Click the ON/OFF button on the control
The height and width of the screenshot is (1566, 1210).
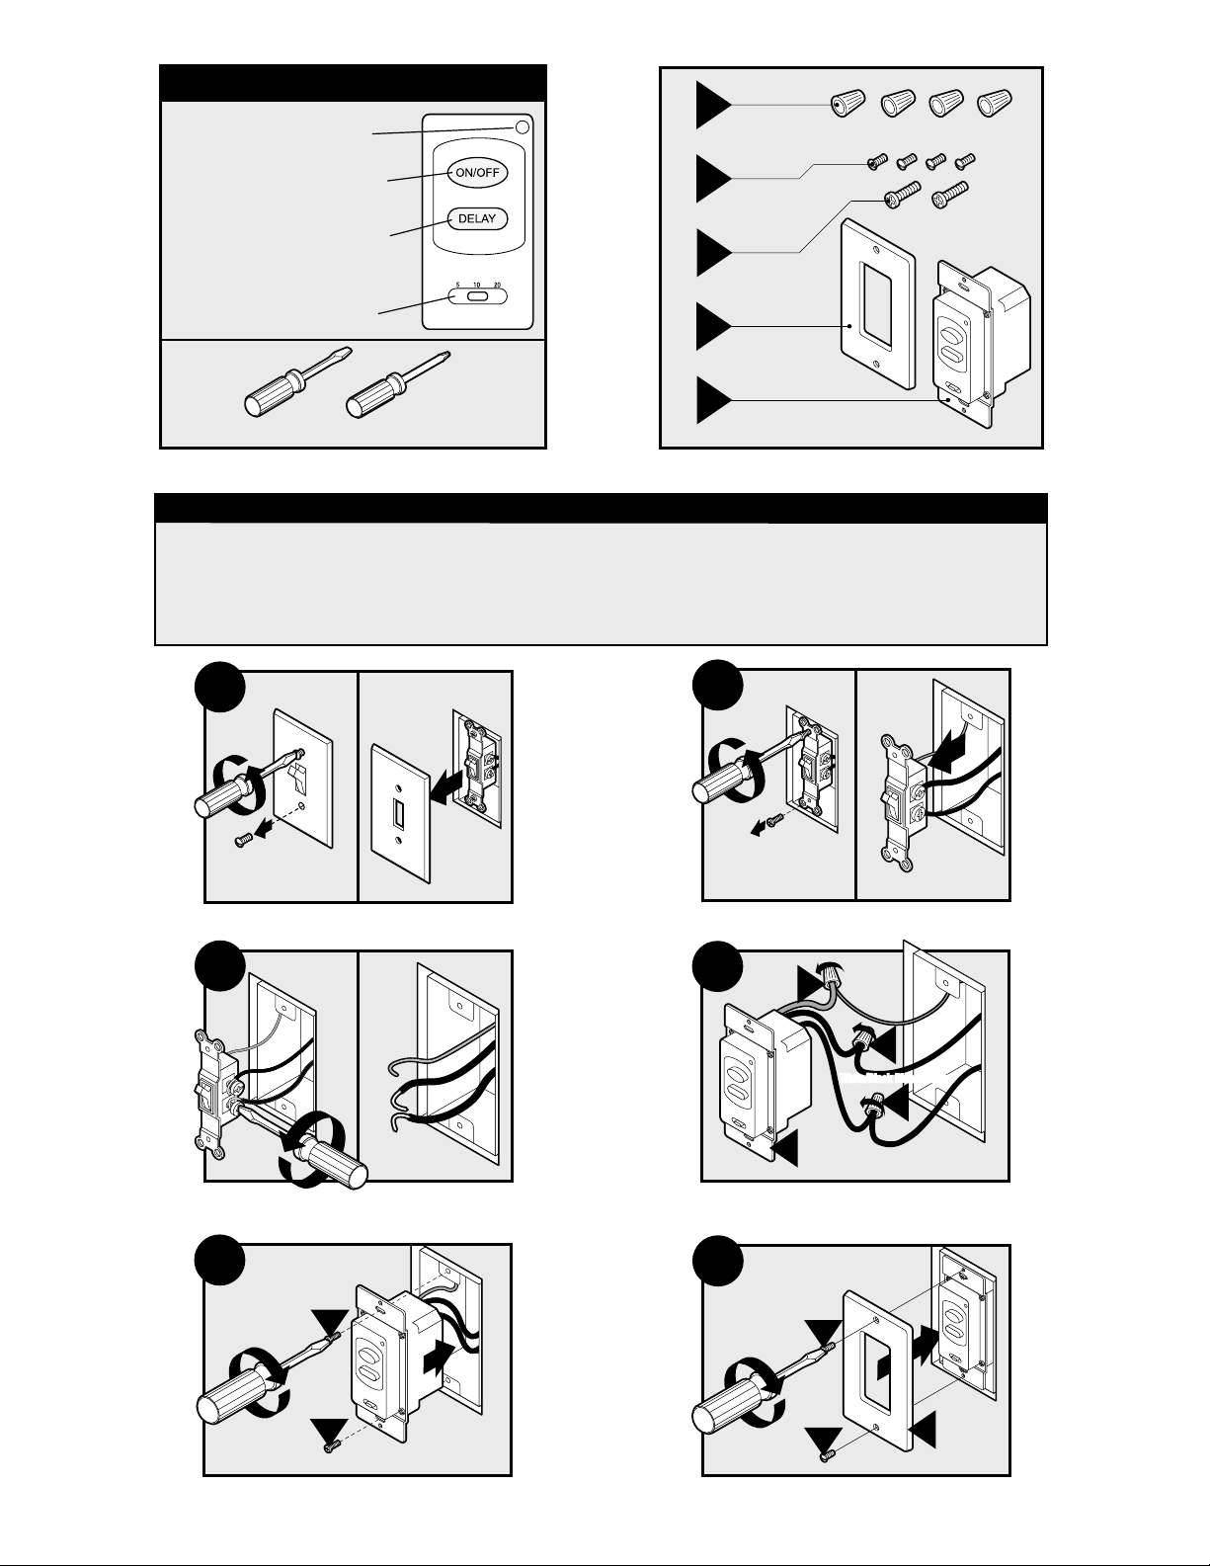(x=478, y=173)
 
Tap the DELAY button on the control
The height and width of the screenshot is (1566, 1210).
(x=478, y=218)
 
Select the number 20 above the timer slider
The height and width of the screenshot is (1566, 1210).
(x=496, y=285)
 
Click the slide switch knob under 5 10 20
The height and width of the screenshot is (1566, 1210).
(x=477, y=295)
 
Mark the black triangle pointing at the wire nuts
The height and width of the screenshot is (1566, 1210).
(x=712, y=105)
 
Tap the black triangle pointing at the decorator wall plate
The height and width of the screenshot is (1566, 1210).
(x=712, y=326)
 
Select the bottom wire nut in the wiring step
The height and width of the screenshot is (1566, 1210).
(x=872, y=1113)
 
